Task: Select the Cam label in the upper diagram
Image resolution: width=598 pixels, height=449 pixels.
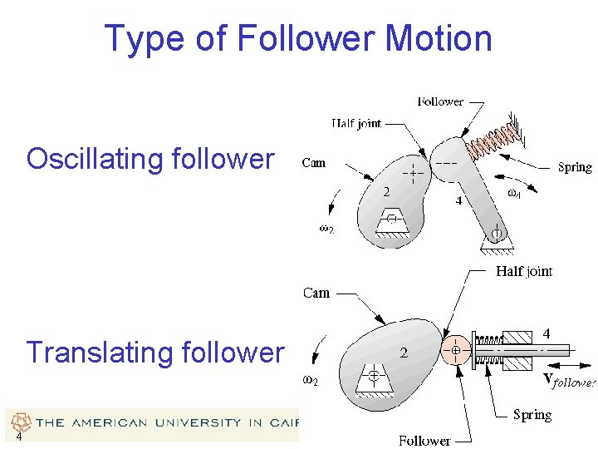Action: [x=314, y=163]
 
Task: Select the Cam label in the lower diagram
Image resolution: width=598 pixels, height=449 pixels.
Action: [x=316, y=293]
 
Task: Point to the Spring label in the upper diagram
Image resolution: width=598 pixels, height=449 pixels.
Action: [x=575, y=167]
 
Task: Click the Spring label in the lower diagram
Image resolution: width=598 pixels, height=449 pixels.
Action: [x=532, y=414]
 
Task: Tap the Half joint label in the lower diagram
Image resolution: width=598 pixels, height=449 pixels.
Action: [x=523, y=271]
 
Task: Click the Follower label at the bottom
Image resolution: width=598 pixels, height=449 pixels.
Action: [x=424, y=440]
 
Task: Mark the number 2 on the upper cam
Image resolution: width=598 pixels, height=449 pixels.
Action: [x=386, y=192]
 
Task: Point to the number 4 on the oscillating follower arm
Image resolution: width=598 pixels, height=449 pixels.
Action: [x=458, y=200]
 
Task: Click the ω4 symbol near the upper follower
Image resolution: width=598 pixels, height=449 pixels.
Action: [x=514, y=193]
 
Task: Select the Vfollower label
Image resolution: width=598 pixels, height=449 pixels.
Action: [x=569, y=382]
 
